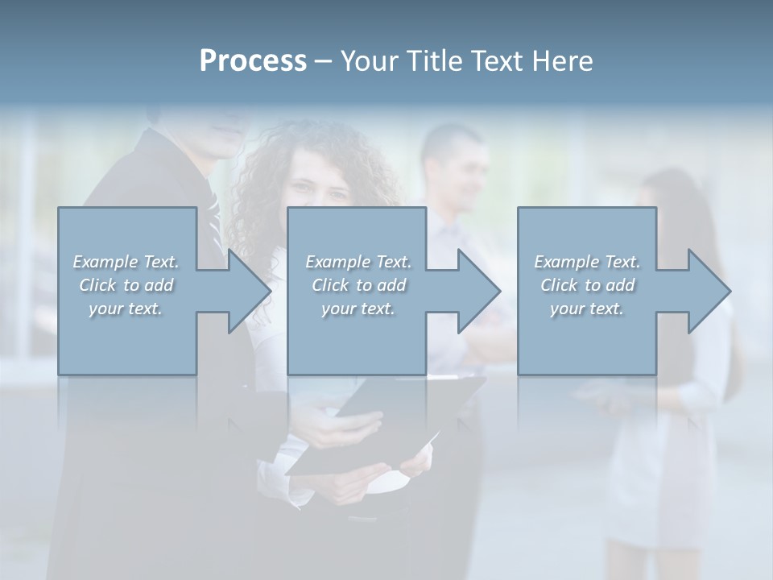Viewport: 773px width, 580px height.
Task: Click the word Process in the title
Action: coord(253,61)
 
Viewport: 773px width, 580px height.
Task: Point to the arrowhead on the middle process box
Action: coord(478,291)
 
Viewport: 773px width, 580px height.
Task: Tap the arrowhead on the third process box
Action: coord(709,291)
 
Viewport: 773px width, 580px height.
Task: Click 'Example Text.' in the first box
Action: coord(126,262)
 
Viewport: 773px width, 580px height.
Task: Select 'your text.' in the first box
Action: coord(126,309)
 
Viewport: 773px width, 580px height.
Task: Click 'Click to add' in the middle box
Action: coord(358,285)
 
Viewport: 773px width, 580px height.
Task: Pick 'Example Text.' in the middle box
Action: coord(358,262)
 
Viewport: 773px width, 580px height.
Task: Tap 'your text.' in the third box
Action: coord(587,309)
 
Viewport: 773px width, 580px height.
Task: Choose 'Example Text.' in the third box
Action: coord(587,262)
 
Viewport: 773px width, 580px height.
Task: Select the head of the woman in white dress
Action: coord(668,193)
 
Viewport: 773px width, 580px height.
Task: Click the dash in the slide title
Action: coord(323,61)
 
